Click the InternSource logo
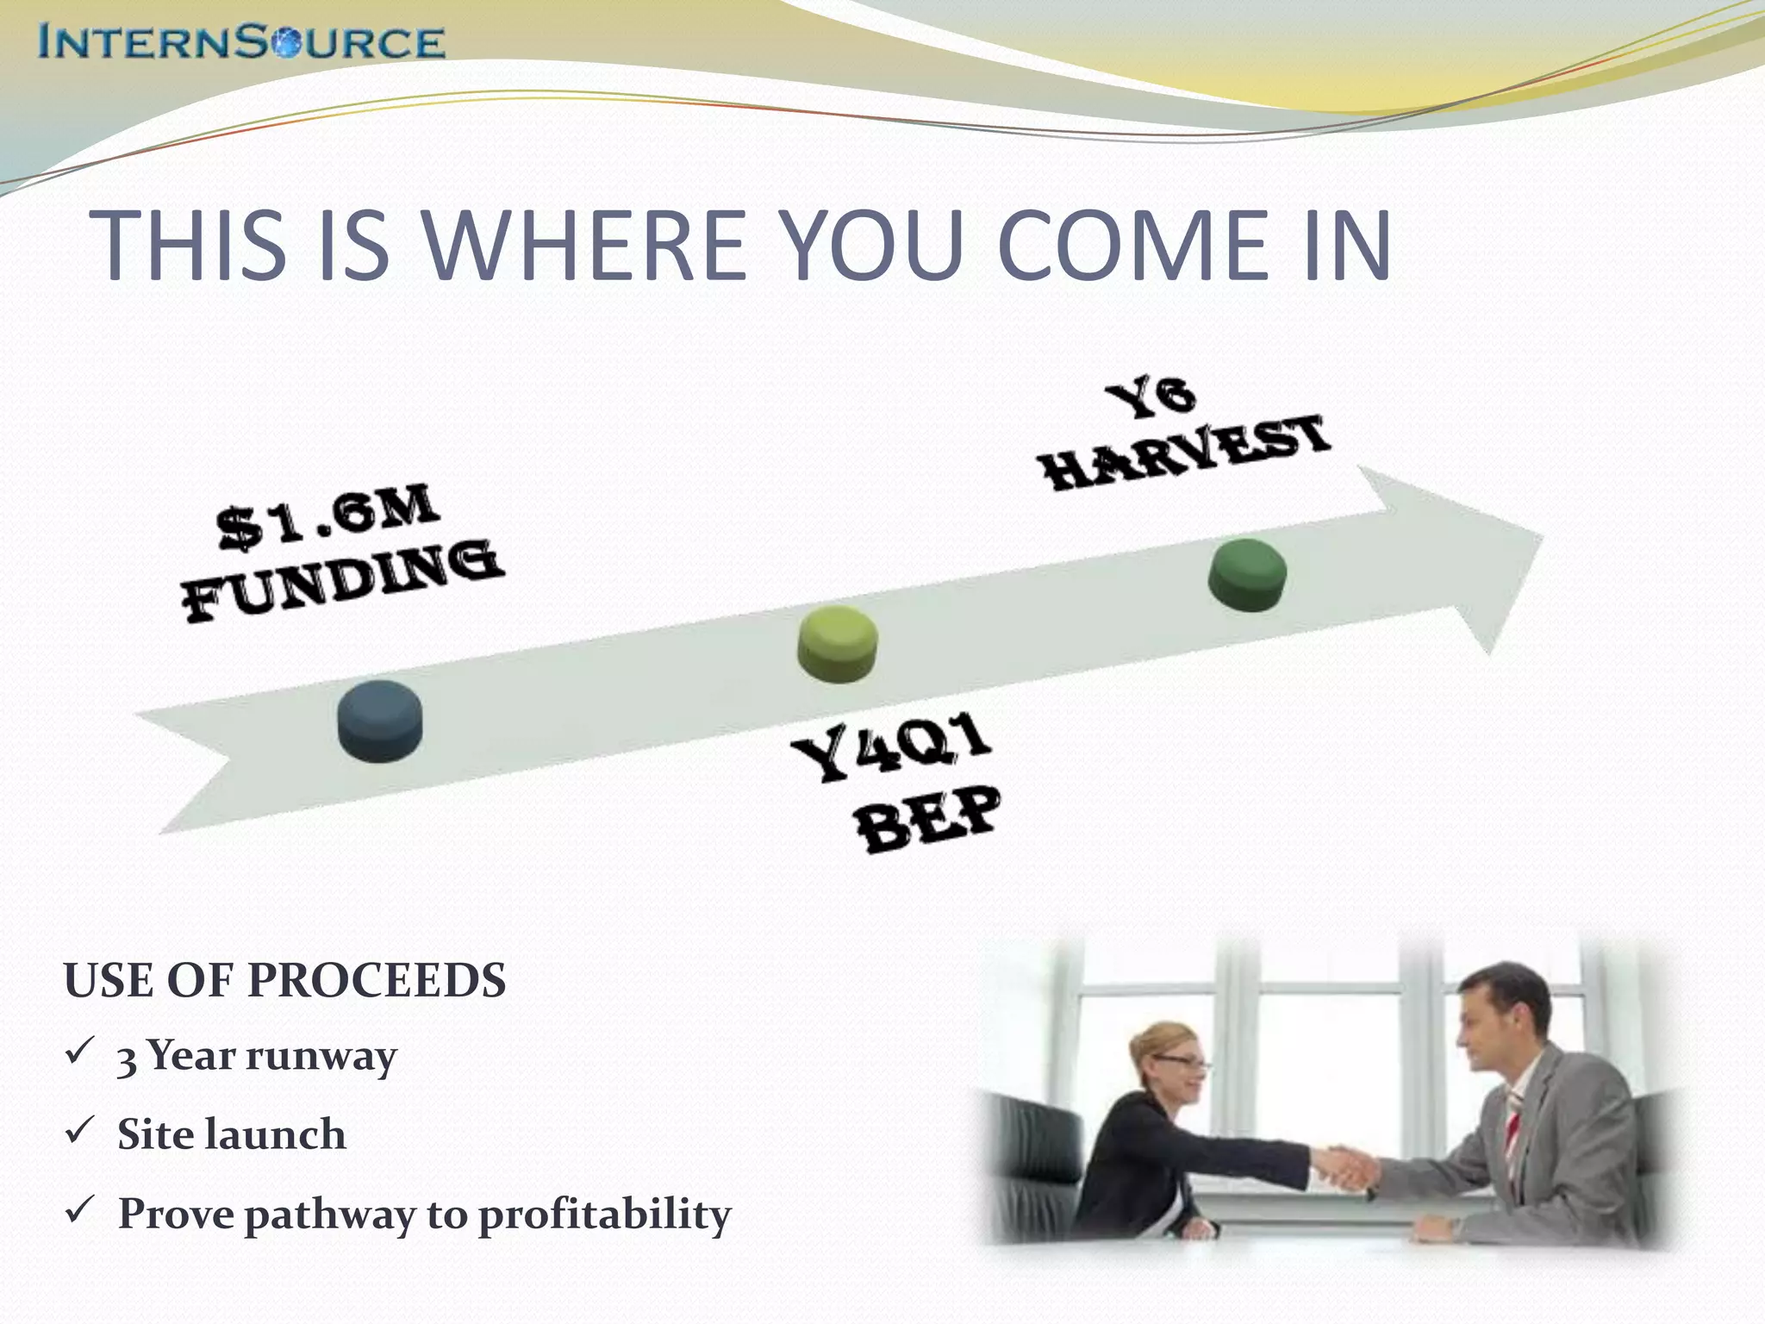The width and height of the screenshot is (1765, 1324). [241, 41]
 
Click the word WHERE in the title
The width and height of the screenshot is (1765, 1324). [586, 247]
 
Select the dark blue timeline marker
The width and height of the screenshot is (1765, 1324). [380, 721]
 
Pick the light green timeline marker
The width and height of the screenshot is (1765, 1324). [838, 643]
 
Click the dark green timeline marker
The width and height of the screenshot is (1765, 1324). [1247, 575]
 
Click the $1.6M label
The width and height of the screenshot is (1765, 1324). [327, 517]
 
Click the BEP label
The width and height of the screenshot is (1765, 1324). [929, 819]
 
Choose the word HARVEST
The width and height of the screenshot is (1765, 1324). [1186, 453]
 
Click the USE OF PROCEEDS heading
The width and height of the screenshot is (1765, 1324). [284, 981]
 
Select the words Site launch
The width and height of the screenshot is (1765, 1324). [231, 1134]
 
